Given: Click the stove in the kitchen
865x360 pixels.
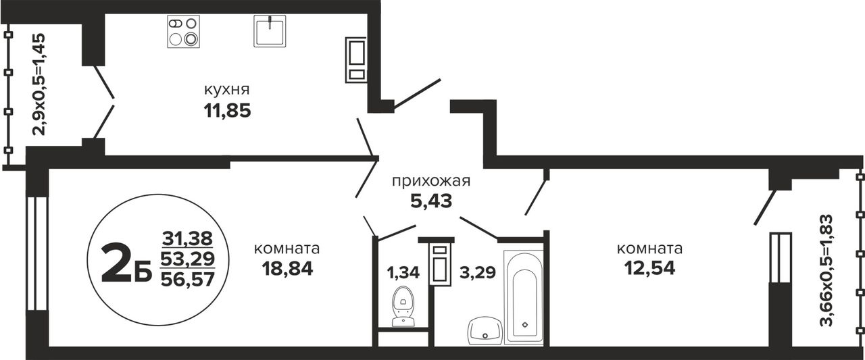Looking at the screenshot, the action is (183, 32).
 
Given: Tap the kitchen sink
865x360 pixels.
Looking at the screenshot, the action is (270, 31).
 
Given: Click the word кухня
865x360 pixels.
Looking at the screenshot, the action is (226, 90).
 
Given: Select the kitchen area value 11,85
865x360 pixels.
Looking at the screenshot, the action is (227, 111).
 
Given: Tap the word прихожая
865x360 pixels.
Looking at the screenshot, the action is (431, 181).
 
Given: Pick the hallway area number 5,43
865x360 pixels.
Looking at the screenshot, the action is (431, 201).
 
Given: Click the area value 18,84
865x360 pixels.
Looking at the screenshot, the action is (287, 268).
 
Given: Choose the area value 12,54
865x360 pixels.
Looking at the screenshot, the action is (649, 268).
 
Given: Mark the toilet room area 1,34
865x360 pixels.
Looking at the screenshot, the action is (403, 272).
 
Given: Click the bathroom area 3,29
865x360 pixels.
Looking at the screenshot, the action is (477, 272).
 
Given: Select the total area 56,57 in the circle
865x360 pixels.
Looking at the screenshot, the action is (188, 278).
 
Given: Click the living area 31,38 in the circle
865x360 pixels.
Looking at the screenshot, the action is (188, 238).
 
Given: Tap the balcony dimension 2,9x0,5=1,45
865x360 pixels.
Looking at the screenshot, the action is (39, 84).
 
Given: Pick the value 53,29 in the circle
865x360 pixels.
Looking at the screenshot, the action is (188, 259).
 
